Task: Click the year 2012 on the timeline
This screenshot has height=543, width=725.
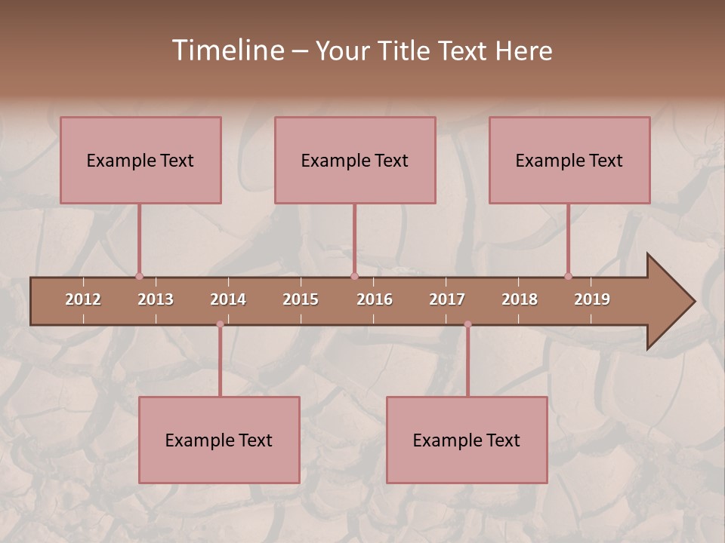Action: pos(83,299)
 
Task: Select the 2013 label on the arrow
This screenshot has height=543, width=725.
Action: pos(156,299)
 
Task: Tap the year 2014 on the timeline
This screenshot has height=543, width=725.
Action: pos(228,299)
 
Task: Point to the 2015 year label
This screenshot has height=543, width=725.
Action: pos(301,299)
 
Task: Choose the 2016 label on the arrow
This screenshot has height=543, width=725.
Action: pos(375,299)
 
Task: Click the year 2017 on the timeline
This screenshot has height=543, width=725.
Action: pos(447,299)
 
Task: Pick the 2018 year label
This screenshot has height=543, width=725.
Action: pos(520,299)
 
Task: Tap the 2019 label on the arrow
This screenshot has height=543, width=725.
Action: pos(592,299)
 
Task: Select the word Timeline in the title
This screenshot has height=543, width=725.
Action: pos(227,51)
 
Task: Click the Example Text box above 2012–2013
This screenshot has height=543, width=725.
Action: pos(140,160)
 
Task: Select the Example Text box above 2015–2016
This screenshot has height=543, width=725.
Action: pos(355,160)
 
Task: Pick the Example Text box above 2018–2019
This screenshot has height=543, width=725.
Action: pos(569,160)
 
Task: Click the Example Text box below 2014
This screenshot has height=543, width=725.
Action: pos(219,440)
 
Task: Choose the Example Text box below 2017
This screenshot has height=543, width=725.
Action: pos(467,440)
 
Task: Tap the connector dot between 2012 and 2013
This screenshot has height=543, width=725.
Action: pos(139,277)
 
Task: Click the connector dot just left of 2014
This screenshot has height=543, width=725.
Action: pos(220,324)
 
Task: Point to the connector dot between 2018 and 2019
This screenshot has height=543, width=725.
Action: pos(568,277)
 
